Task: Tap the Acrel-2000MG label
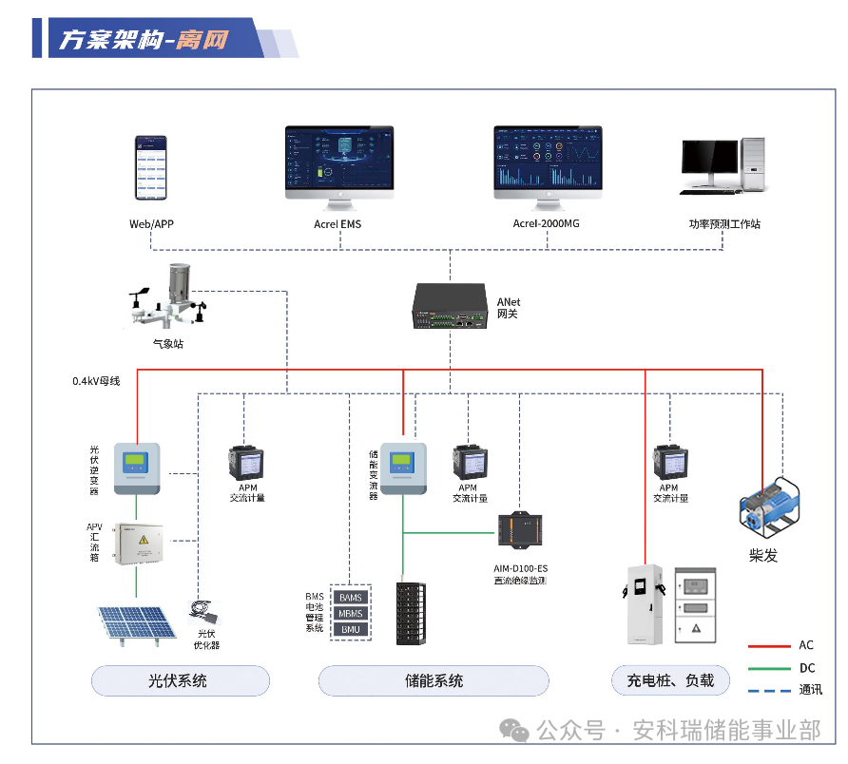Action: click(546, 224)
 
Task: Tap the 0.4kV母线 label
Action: click(97, 381)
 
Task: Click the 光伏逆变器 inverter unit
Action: click(137, 468)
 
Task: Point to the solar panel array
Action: click(134, 623)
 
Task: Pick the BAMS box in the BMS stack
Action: click(350, 597)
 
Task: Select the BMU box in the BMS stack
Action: click(350, 629)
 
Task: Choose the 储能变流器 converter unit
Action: click(403, 468)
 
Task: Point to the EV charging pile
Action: click(642, 604)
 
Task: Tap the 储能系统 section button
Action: click(433, 680)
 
